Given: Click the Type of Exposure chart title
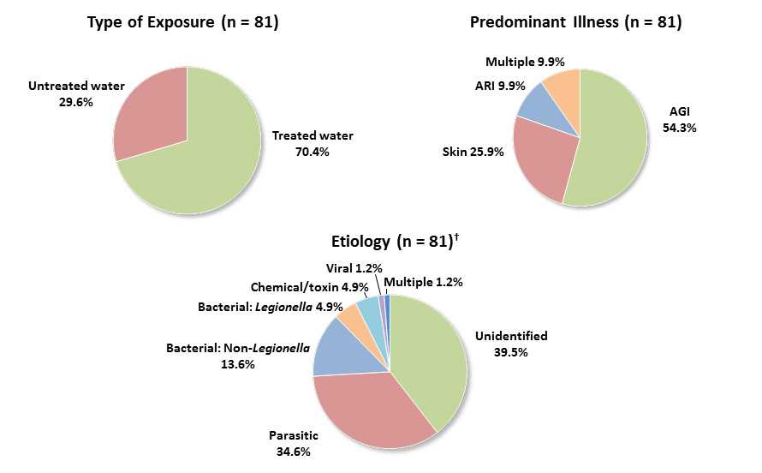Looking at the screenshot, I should pos(182,22).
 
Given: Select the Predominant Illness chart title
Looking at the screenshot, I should pos(575,22).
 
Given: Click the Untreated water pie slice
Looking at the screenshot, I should pos(150,116).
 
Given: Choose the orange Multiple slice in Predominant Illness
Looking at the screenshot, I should pos(564,86).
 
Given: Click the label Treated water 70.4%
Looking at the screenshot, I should pos(313,143).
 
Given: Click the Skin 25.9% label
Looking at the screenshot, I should pos(473,152).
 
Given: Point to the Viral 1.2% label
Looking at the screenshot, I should pos(354,268).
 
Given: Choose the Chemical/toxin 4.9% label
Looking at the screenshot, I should pos(309,287).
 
